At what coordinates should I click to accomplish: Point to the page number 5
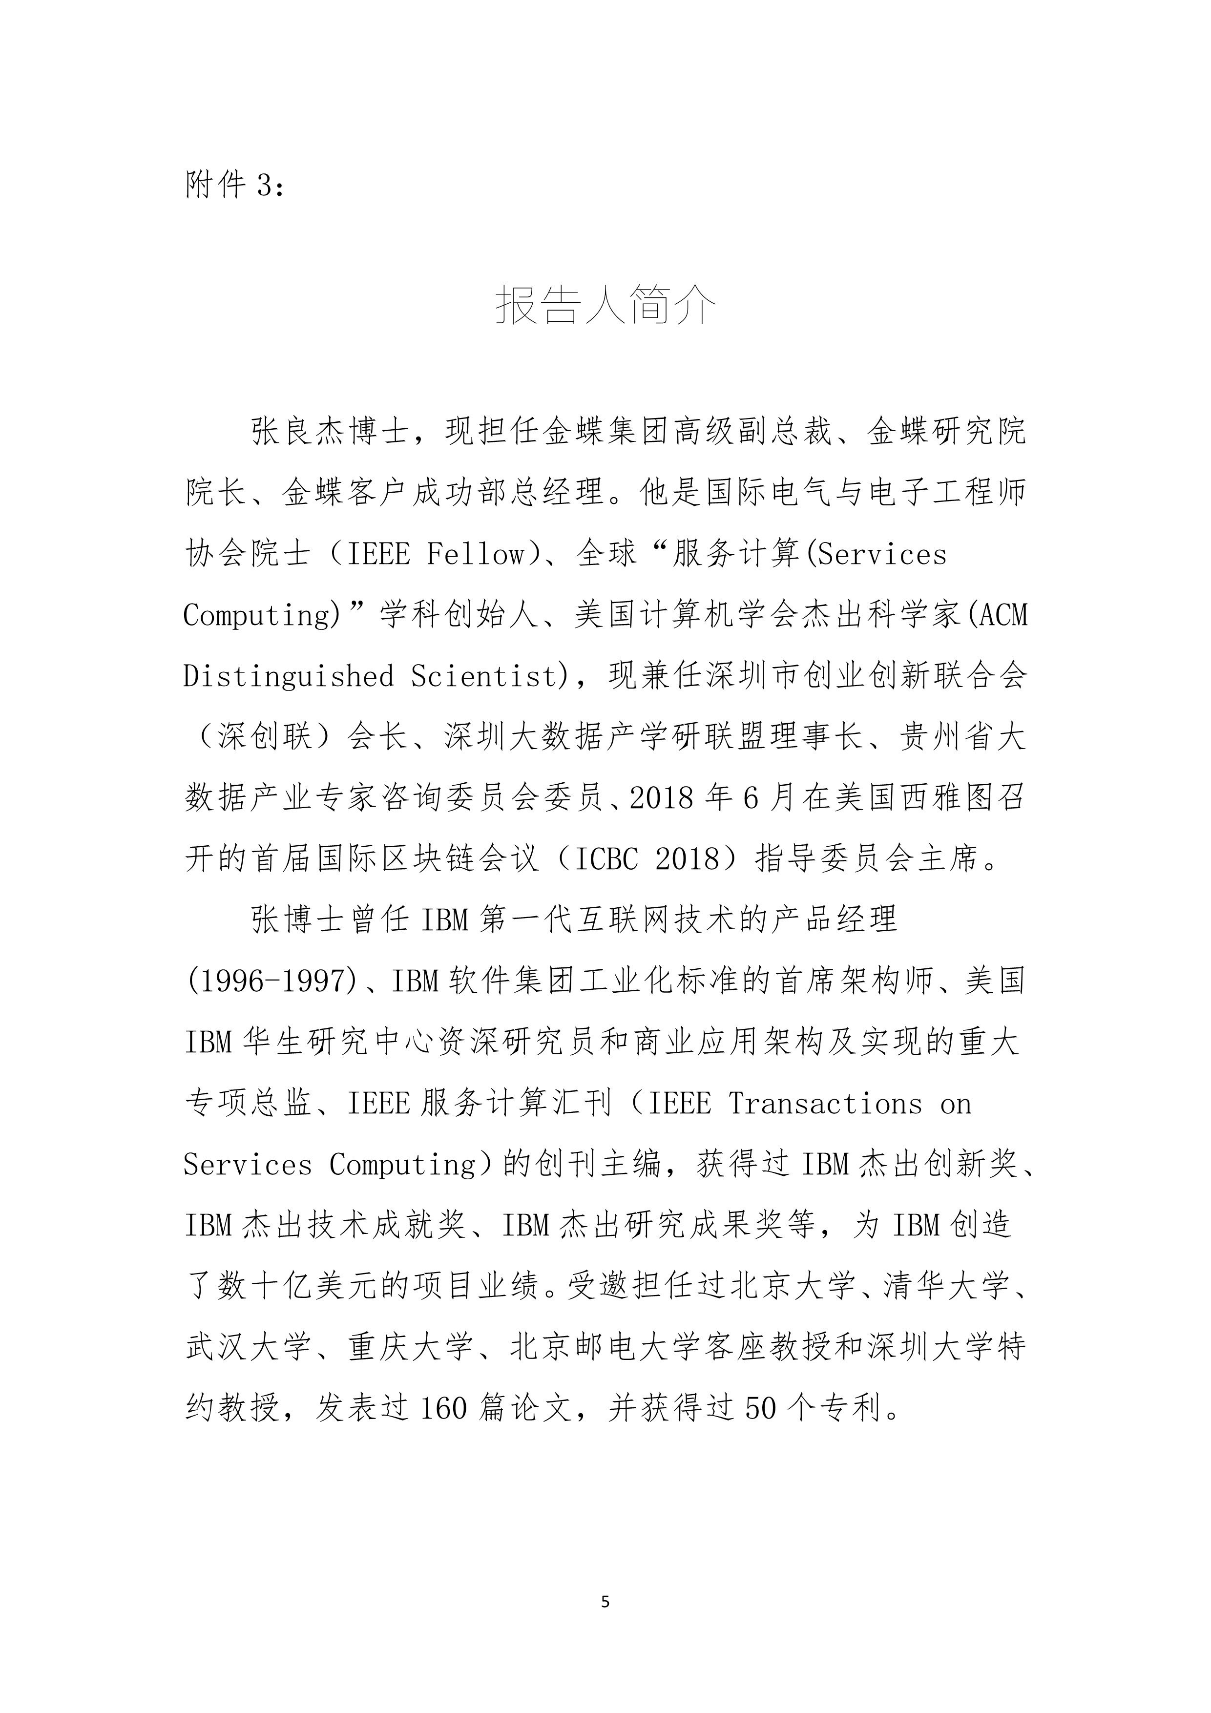605,1602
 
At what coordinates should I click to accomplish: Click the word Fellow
475,554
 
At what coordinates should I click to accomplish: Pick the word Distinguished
289,676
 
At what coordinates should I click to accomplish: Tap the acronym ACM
1003,615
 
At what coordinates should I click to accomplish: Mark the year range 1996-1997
272,981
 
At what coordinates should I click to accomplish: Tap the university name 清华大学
946,1286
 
